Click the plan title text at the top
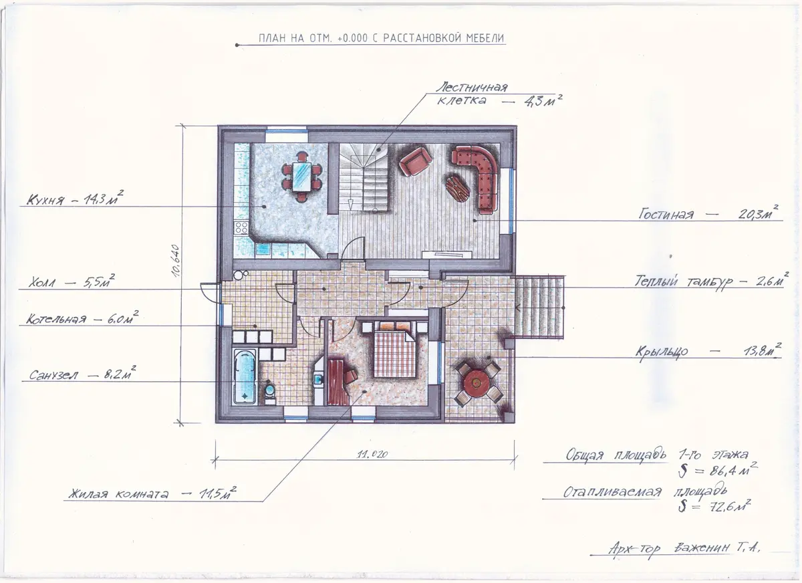pos(382,38)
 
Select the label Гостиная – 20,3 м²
pos(709,213)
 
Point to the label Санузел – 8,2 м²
pos(82,374)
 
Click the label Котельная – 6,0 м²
pos(82,318)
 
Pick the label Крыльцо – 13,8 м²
pos(708,350)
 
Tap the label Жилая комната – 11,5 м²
pos(152,493)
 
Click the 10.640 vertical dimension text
pos(175,261)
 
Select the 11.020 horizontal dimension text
pos(372,455)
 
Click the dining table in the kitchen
pos(302,177)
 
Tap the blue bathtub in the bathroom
pos(245,376)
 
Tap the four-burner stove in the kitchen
pos(241,227)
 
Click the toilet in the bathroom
pos(269,393)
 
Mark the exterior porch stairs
pos(539,307)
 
